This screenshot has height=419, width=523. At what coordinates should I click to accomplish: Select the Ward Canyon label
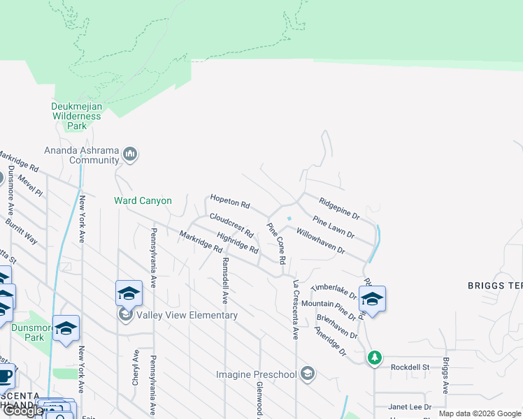click(143, 201)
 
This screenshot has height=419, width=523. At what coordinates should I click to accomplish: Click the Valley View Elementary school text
click(187, 316)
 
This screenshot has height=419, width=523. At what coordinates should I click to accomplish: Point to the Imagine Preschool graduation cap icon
click(307, 374)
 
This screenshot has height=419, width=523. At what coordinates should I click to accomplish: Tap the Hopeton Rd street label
click(230, 204)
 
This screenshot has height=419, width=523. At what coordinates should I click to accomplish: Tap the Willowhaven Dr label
click(320, 240)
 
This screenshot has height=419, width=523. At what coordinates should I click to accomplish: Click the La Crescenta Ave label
click(296, 309)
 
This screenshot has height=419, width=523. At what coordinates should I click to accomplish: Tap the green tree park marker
click(375, 358)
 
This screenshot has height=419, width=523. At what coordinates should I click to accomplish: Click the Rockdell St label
click(409, 367)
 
